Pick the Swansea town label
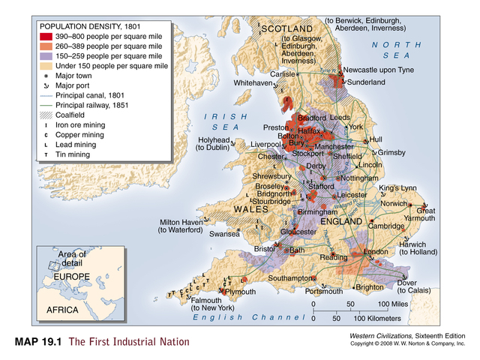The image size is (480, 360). [x=224, y=234]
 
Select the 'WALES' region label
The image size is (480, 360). [x=250, y=208]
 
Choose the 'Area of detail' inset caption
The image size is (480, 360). [x=72, y=259]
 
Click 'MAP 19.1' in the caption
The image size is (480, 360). [x=37, y=342]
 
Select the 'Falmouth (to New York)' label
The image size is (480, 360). [x=213, y=304]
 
